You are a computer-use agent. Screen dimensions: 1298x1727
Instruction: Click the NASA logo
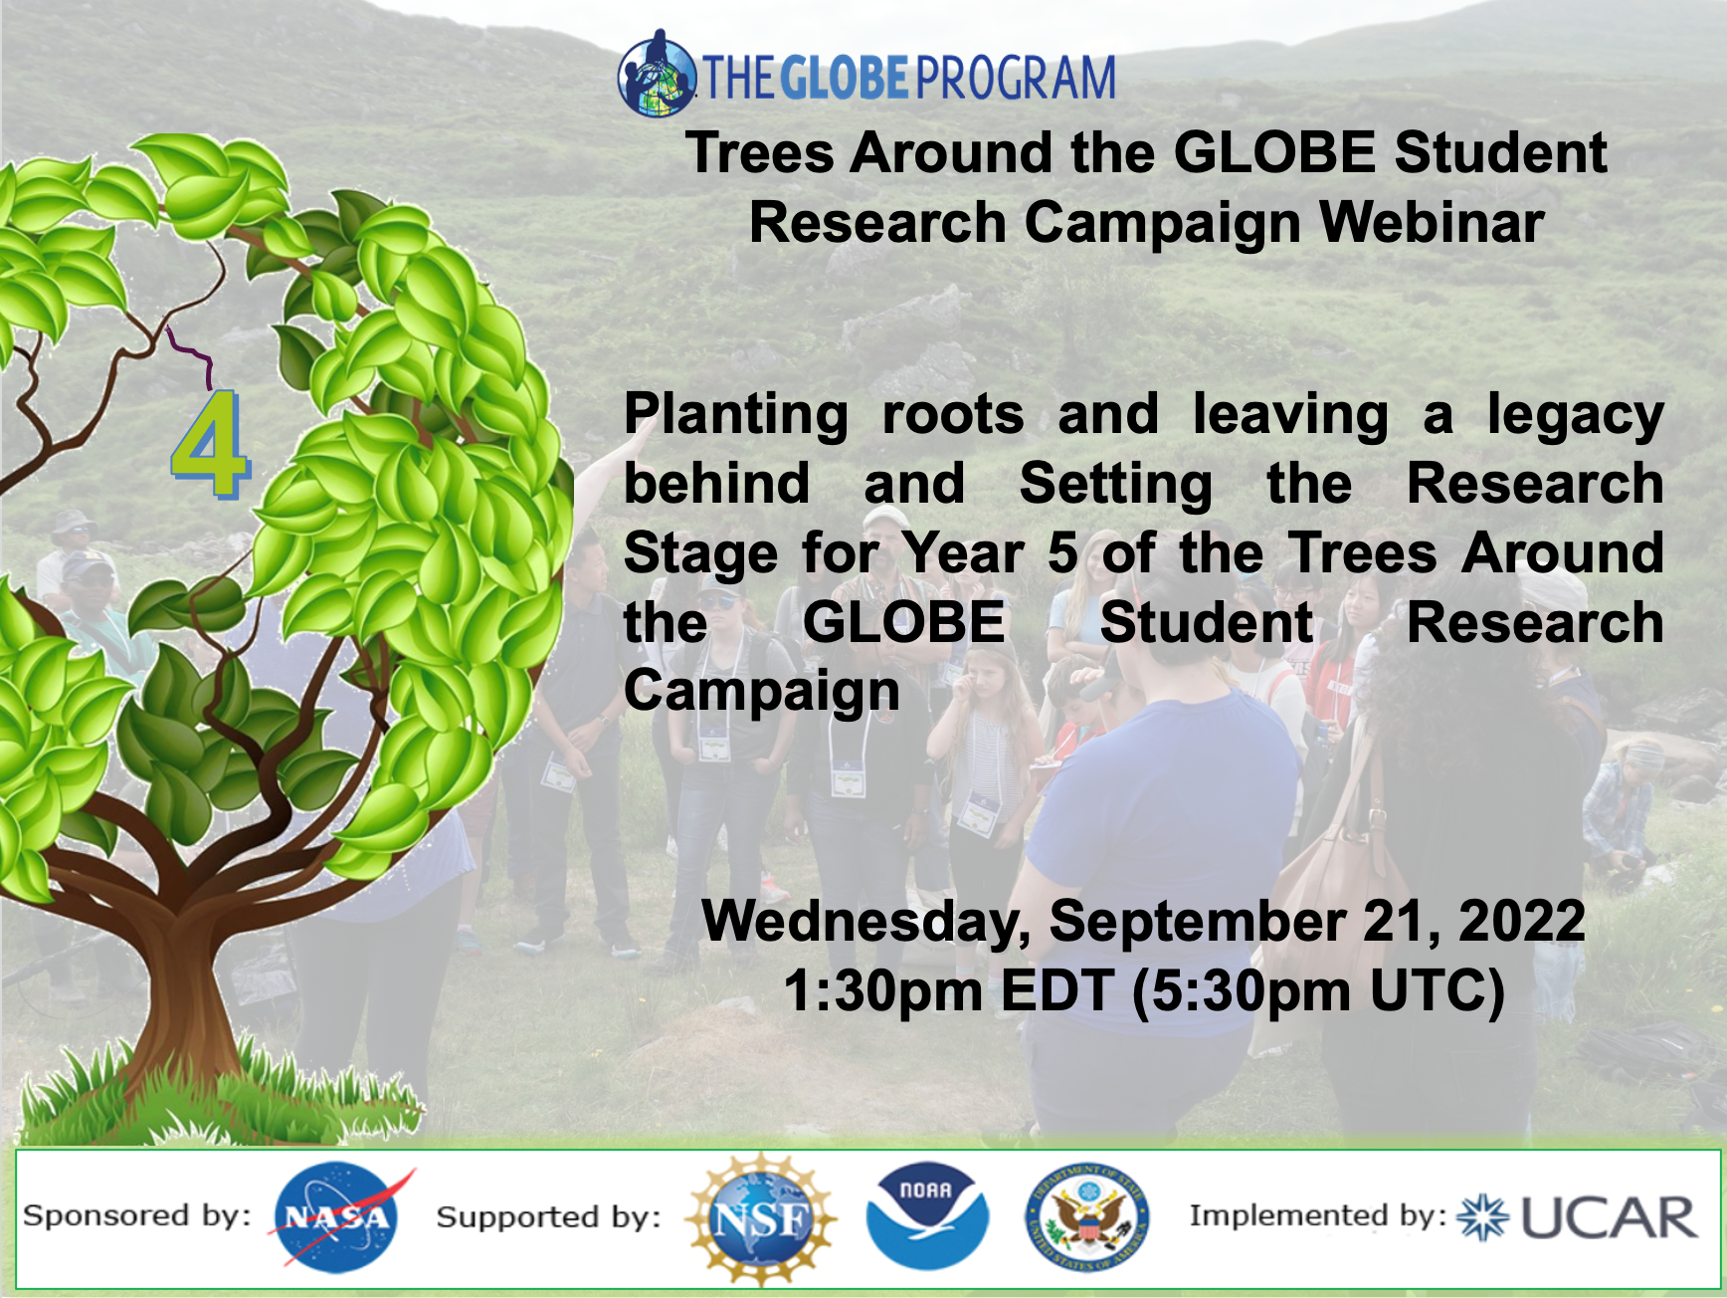336,1217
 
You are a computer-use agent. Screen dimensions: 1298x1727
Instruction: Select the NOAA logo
926,1216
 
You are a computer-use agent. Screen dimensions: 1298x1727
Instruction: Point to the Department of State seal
1086,1217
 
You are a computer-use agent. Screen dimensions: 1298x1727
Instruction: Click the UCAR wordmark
1608,1217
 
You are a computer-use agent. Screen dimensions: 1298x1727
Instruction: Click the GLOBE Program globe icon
656,76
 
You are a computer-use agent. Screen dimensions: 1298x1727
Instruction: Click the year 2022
1521,921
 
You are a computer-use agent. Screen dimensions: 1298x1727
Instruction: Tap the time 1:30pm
882,990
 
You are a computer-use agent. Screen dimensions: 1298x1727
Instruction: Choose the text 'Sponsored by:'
137,1215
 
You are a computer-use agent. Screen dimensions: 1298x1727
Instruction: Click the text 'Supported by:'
548,1216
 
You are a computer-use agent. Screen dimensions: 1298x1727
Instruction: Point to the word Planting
735,414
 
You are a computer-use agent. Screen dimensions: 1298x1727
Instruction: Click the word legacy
1575,416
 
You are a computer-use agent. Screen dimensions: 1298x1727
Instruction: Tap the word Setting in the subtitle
1115,485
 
